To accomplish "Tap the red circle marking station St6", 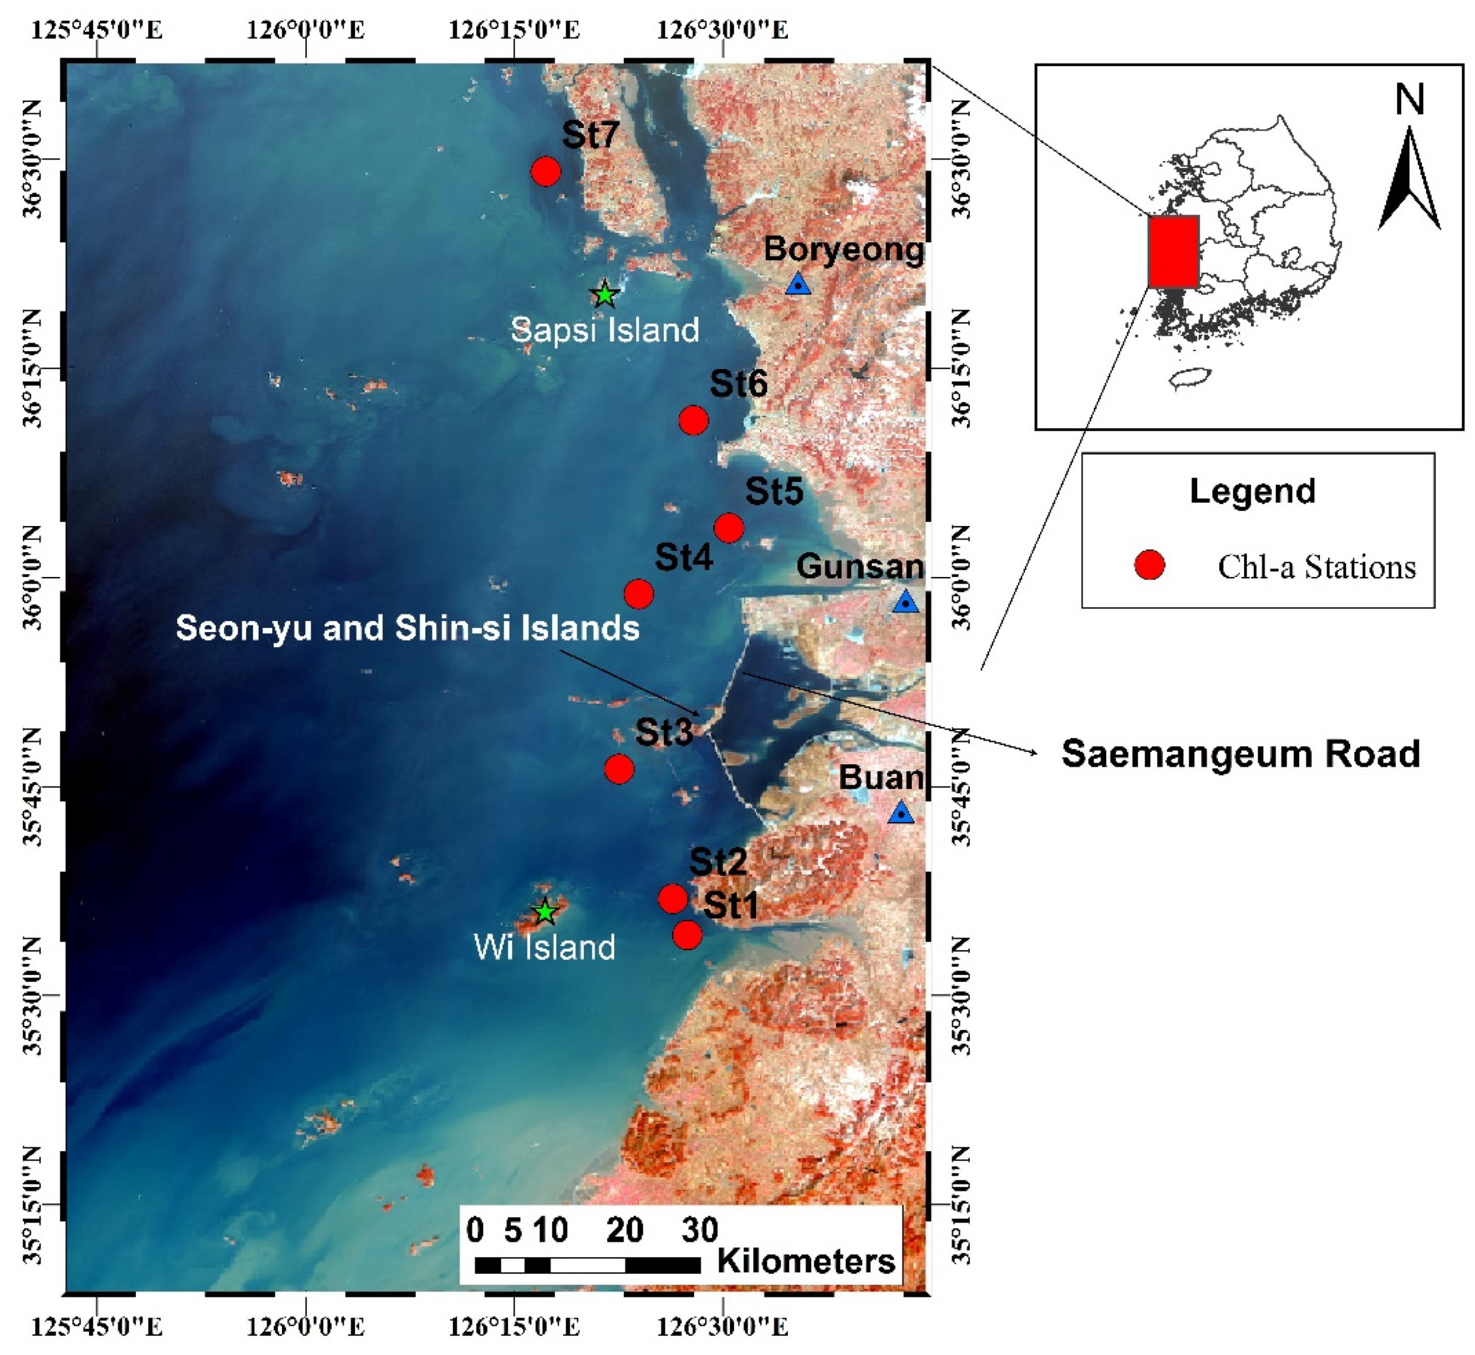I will tap(693, 420).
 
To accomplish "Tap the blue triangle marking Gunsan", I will tap(906, 602).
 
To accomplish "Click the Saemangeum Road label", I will tap(1241, 754).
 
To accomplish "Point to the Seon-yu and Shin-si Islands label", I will tap(408, 629).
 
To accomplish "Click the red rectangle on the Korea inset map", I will tap(1174, 251).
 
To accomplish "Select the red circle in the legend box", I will tap(1149, 565).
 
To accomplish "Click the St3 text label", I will tap(664, 731).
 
